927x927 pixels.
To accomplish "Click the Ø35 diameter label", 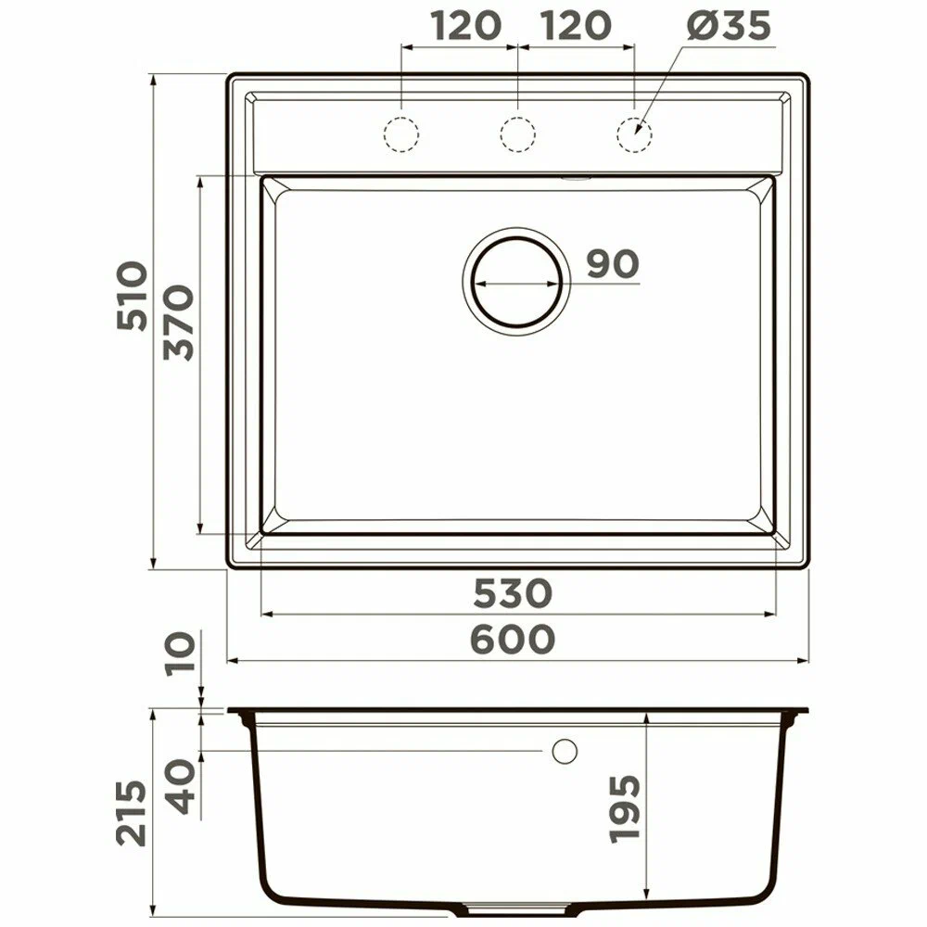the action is [729, 26].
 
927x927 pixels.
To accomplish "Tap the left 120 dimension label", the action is [466, 26].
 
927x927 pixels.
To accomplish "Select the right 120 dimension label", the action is [576, 26].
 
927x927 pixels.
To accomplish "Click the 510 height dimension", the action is [132, 296].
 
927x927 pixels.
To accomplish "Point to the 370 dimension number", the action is [179, 323].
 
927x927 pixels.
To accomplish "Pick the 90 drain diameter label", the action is [613, 263].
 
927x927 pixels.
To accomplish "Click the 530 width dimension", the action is [514, 593].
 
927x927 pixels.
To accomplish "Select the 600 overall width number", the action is [514, 640].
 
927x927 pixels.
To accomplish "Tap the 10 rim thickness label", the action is [181, 654].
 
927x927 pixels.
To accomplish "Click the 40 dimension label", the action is [181, 787].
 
